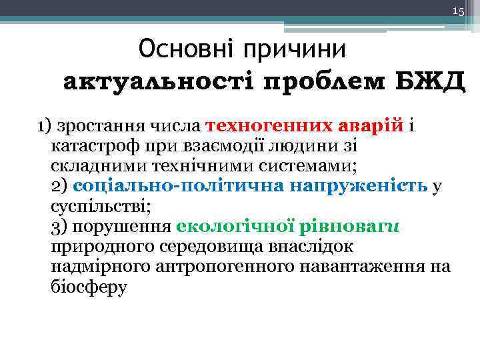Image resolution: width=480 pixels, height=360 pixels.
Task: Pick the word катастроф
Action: tap(87, 145)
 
